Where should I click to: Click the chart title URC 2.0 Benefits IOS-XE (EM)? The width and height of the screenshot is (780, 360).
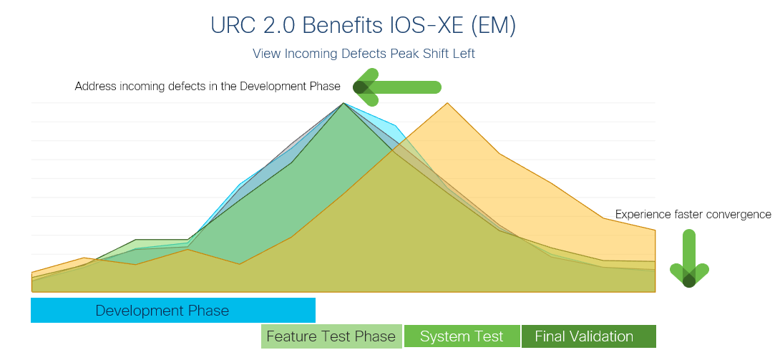tap(363, 25)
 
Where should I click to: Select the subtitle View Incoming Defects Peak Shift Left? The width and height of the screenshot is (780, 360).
tap(364, 54)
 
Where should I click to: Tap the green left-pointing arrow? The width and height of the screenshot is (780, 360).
tap(397, 87)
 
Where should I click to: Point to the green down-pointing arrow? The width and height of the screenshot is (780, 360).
tap(689, 258)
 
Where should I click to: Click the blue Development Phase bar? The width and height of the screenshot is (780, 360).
tap(173, 311)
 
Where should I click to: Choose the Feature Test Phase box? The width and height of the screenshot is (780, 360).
tap(331, 336)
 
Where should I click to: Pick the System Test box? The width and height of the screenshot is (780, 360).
tap(462, 336)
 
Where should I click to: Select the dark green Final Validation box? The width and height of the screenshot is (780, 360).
tap(588, 336)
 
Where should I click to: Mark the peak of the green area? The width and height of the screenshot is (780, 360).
tap(343, 103)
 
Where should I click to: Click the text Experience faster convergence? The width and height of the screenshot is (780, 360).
tap(693, 214)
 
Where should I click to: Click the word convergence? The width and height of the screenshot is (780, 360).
tap(740, 215)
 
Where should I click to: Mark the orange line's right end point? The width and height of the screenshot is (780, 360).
tap(655, 230)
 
